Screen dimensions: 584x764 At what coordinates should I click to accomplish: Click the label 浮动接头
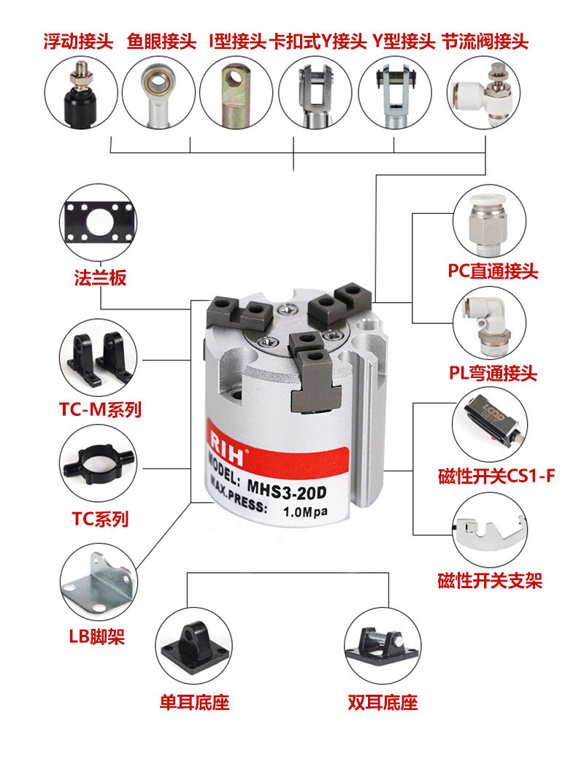[x=78, y=42]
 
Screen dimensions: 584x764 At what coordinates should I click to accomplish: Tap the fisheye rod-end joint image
[x=158, y=93]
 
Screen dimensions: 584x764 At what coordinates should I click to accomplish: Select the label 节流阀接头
[x=485, y=42]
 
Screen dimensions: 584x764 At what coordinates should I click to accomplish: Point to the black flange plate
[x=99, y=223]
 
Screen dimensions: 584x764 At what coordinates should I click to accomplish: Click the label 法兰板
[x=100, y=278]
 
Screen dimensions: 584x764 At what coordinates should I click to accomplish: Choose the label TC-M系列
[x=100, y=409]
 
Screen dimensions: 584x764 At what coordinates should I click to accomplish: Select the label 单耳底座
[x=194, y=702]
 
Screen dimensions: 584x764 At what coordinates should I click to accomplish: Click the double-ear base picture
[x=383, y=646]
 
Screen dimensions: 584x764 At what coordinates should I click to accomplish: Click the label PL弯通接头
[x=493, y=373]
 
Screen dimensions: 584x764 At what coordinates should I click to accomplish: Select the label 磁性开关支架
[x=490, y=580]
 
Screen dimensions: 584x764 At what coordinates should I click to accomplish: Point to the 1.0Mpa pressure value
[x=305, y=512]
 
